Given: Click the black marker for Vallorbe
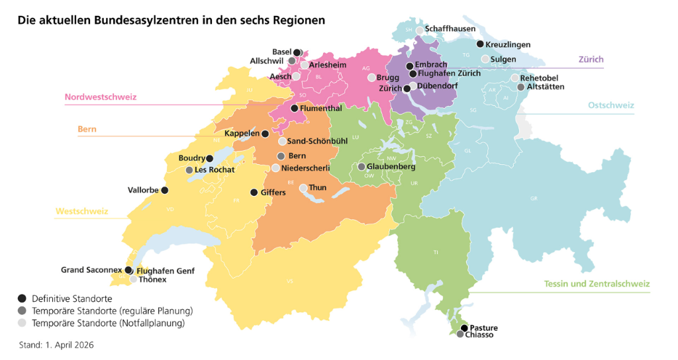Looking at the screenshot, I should [165, 191].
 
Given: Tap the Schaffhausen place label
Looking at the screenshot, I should [450, 30].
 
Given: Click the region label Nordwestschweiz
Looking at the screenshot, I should [100, 97].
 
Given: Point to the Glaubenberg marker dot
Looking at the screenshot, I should [362, 167].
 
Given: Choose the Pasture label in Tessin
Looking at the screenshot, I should [484, 328].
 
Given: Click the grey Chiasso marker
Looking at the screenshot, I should [460, 335].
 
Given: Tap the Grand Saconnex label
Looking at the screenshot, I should [91, 270].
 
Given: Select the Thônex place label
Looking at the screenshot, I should [153, 279].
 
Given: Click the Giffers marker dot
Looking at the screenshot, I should [254, 193].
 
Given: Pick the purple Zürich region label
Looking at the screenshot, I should [591, 60].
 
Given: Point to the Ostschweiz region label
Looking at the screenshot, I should [610, 105].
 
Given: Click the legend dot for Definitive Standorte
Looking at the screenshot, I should [23, 298].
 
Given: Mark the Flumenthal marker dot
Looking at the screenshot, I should [295, 108].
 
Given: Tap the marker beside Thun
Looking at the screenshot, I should [303, 188].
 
